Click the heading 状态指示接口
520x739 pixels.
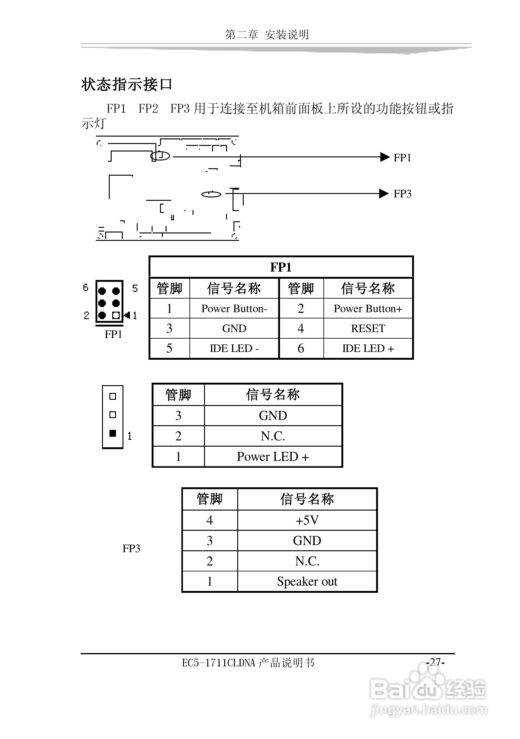pyautogui.click(x=127, y=85)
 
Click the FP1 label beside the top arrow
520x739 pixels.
pyautogui.click(x=402, y=158)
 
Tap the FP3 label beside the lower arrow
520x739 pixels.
pyautogui.click(x=402, y=194)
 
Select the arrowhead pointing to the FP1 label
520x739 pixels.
pyautogui.click(x=384, y=157)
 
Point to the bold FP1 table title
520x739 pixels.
pyautogui.click(x=281, y=267)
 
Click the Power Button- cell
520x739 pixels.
pyautogui.click(x=234, y=309)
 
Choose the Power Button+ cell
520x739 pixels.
pyautogui.click(x=368, y=309)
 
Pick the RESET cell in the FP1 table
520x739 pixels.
pyautogui.click(x=368, y=328)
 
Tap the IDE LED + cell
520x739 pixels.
pyautogui.click(x=368, y=348)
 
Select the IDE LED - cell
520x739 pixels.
pyautogui.click(x=234, y=348)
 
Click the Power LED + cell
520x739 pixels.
pyautogui.click(x=273, y=456)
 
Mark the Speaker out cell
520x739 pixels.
pyautogui.click(x=307, y=581)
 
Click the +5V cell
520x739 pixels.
pyautogui.click(x=307, y=520)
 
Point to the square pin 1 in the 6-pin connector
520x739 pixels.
pyautogui.click(x=116, y=315)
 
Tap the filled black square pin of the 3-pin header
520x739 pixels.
pyautogui.click(x=113, y=433)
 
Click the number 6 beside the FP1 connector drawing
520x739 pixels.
pyautogui.click(x=86, y=287)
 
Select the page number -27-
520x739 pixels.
pyautogui.click(x=435, y=662)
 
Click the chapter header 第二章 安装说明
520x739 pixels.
pyautogui.click(x=267, y=34)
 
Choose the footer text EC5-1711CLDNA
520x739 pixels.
pyautogui.click(x=219, y=663)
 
